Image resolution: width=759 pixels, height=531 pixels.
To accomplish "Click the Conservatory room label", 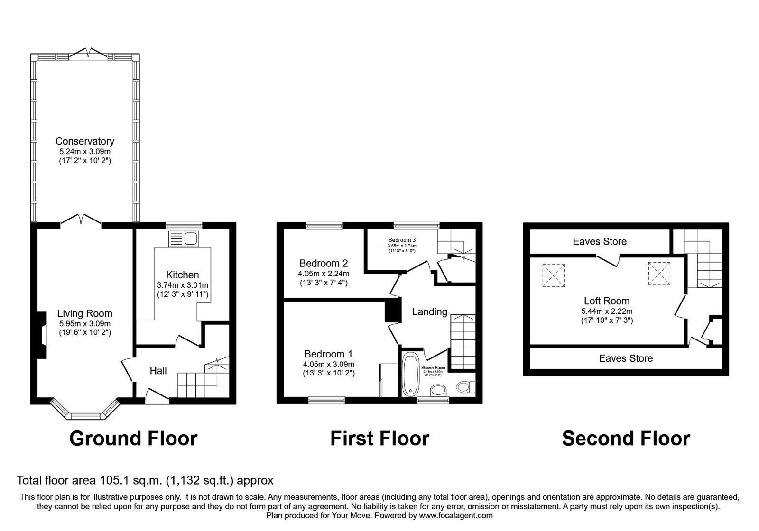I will point(85,141).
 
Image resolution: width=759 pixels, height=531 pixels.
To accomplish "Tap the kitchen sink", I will point(185,238).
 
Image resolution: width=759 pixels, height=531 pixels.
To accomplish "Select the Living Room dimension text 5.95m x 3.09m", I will point(85,323).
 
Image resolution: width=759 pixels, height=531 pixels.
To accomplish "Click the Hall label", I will point(158,371).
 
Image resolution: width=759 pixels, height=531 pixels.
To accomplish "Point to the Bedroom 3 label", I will point(402,240).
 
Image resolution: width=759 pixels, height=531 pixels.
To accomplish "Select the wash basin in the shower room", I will point(439,390).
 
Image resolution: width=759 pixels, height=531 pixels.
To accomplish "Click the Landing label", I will point(429,311).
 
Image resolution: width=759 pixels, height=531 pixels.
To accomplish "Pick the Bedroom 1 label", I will point(328,354).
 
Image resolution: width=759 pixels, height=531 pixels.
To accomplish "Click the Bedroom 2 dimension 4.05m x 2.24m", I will point(324,274).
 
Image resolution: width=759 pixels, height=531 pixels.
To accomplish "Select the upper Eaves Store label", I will point(600,242).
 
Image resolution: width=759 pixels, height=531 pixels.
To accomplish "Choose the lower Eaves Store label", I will point(626,358).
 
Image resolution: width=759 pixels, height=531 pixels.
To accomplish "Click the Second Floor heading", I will point(626,439).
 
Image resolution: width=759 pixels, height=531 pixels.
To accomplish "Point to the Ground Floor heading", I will point(133,439).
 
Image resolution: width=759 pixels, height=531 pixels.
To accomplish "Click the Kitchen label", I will point(183,275).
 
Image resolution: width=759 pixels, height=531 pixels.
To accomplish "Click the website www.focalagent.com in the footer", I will point(456,515).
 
